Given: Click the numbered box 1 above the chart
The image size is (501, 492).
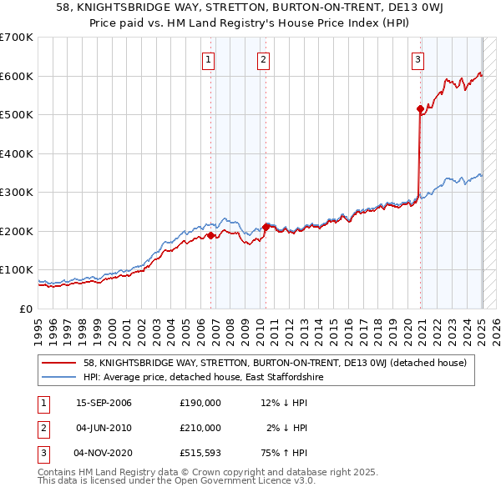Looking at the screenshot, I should [x=207, y=59].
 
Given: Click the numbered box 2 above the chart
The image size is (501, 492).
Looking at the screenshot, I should [x=263, y=59].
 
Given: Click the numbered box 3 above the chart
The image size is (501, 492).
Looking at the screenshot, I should [x=417, y=59].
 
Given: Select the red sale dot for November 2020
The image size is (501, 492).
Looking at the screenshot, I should [x=420, y=108].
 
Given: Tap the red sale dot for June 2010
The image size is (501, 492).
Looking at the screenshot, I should [x=266, y=226].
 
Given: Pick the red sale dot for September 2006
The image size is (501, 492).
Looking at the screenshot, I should [x=210, y=235].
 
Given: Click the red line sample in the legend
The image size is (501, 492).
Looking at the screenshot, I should [x=58, y=363].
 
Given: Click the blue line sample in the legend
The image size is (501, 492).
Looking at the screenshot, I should [x=58, y=377].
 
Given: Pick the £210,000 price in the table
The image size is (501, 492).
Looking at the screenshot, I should [x=200, y=428].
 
